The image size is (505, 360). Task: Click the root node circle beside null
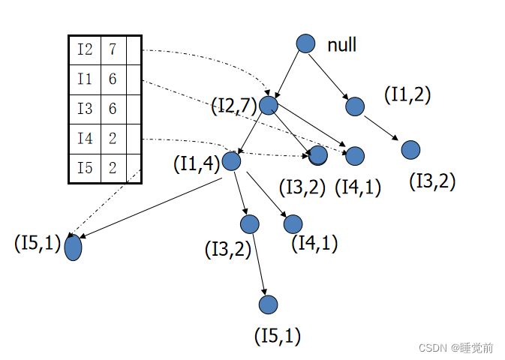pos(305,43)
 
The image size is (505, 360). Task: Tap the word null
pos(341,45)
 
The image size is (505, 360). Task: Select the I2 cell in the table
pos(85,49)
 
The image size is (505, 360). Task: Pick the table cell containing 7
pos(113,49)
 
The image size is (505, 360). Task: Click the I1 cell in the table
pos(85,79)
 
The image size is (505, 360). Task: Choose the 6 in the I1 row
pos(113,79)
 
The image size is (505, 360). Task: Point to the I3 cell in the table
pos(85,109)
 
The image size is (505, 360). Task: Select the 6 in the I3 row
pos(113,109)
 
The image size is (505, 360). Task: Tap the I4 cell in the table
pos(85,139)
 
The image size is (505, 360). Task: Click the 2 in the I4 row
pos(113,139)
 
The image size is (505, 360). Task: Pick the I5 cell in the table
pos(85,168)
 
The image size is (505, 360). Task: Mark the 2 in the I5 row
pos(113,168)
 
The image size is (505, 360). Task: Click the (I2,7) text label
pos(234,106)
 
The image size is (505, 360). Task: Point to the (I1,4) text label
pos(196,163)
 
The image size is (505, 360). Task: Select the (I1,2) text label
pos(407,95)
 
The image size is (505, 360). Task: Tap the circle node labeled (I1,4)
pos(231,160)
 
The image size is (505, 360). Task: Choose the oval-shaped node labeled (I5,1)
pos(73,247)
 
